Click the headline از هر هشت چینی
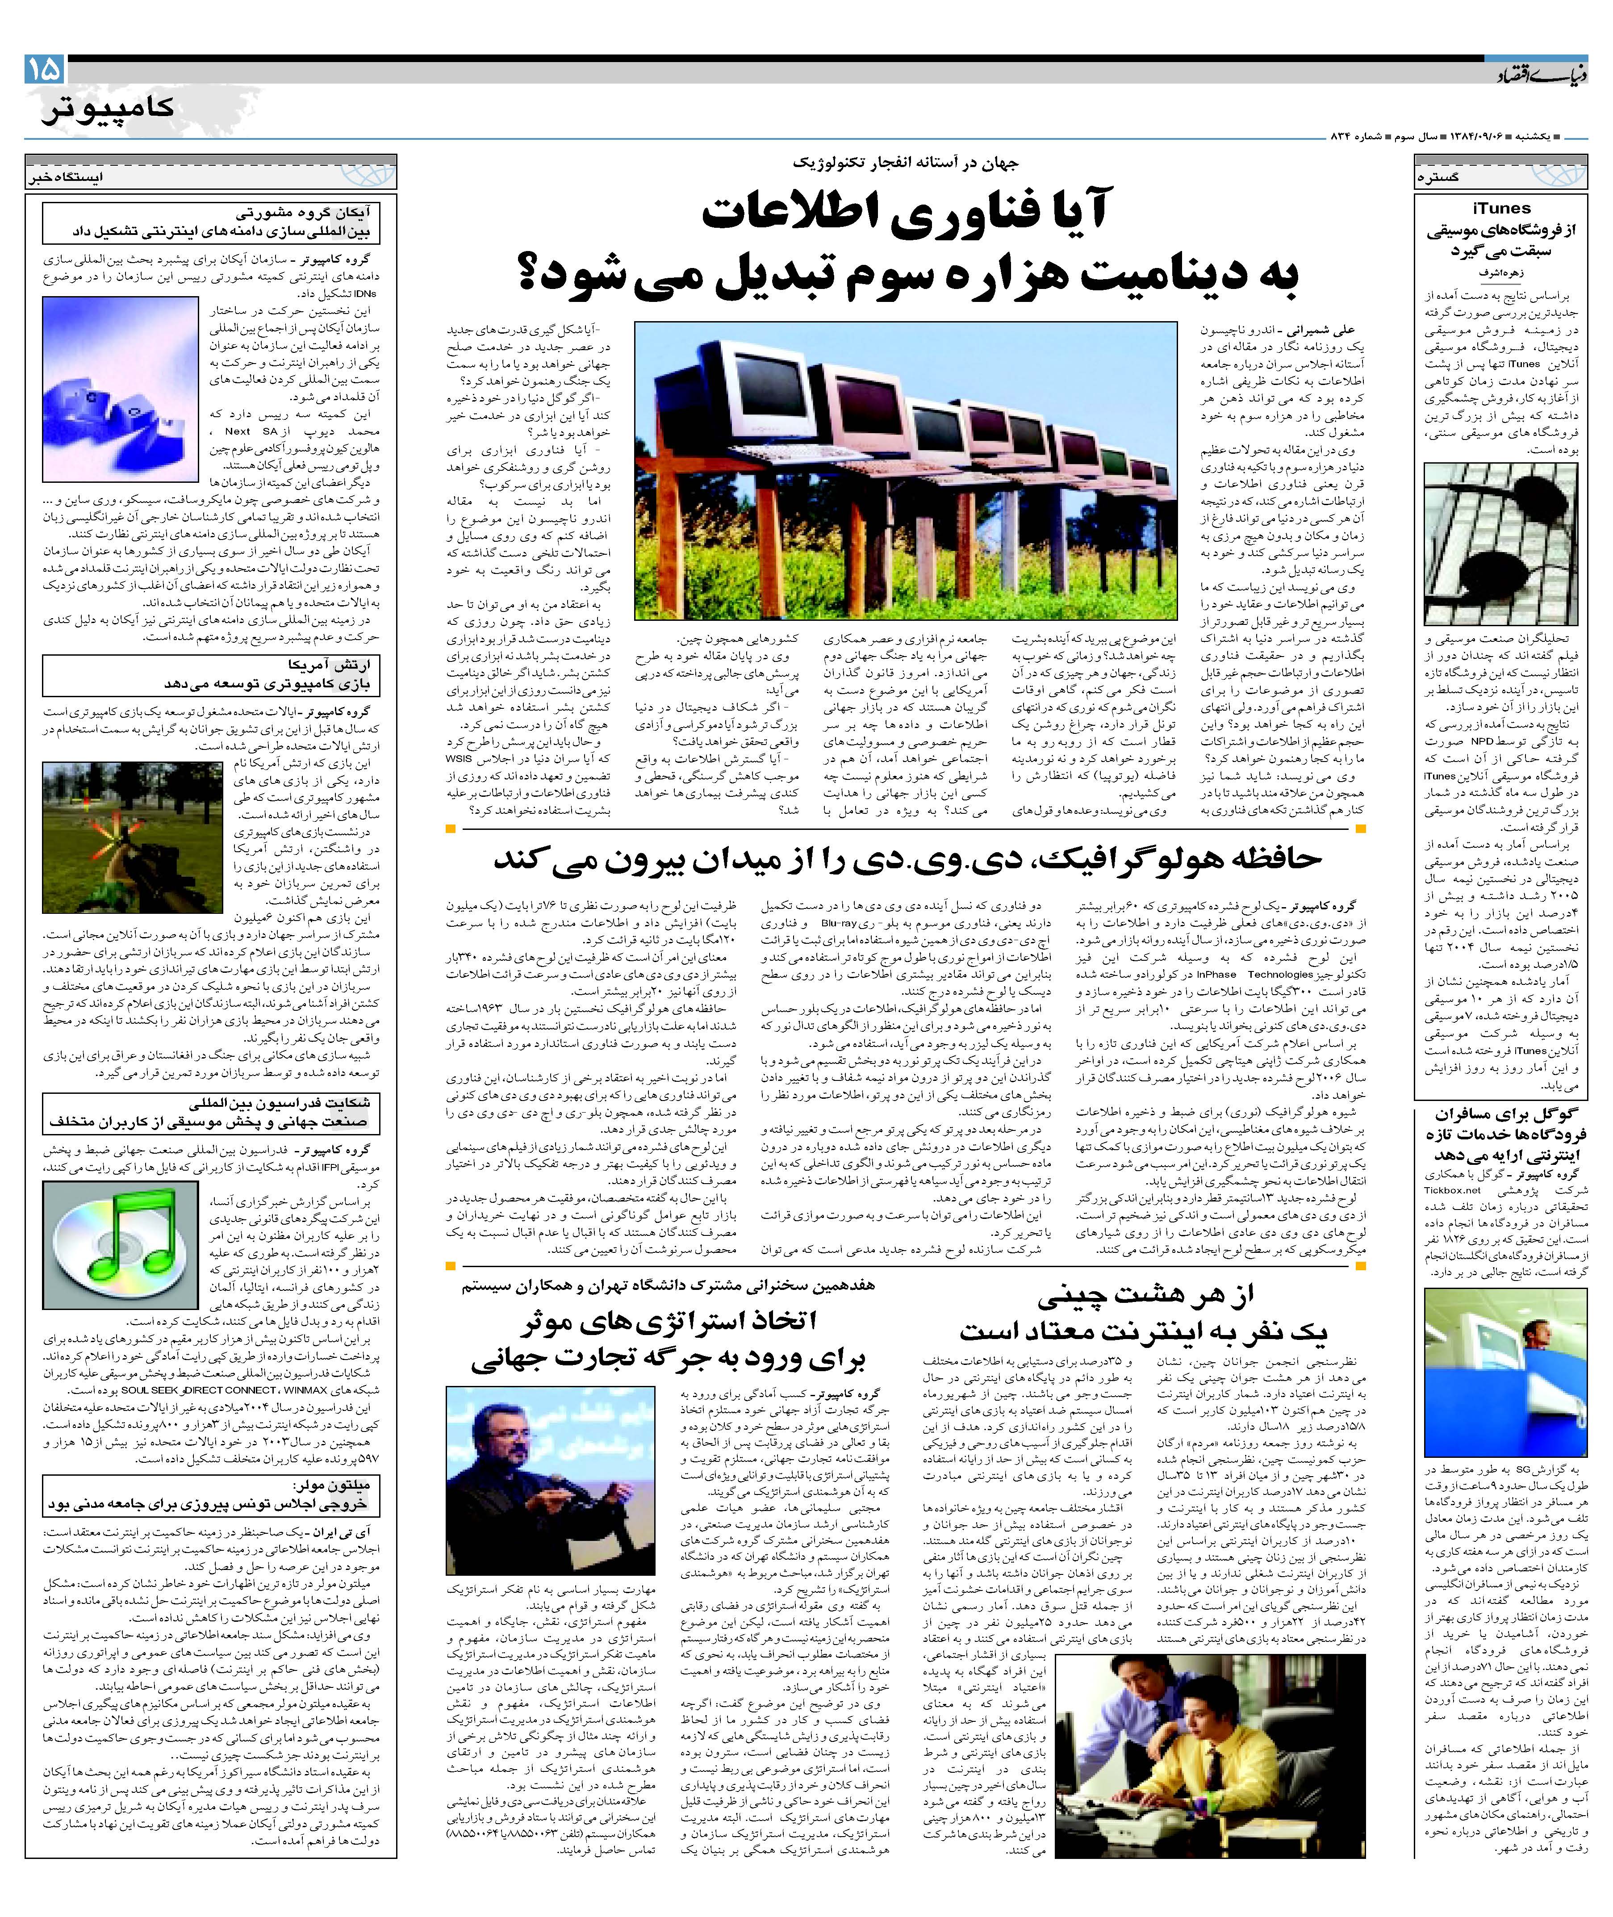(1143, 1310)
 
